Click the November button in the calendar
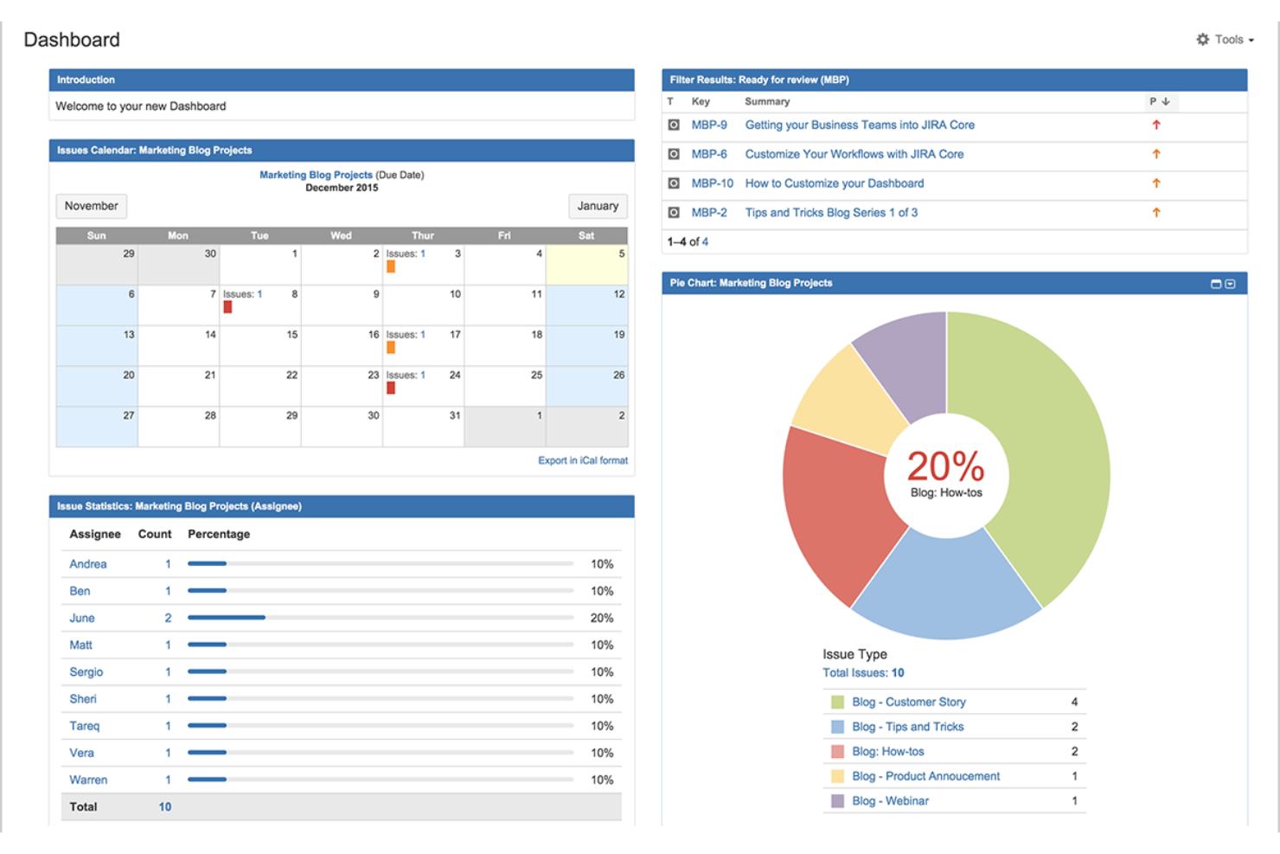(91, 206)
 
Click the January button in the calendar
(598, 206)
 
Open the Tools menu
(1226, 40)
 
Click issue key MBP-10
(712, 183)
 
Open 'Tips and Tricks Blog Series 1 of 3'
(830, 213)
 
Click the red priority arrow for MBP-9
(1156, 125)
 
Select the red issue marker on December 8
(227, 307)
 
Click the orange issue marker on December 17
(391, 347)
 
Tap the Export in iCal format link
(582, 460)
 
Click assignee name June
(82, 618)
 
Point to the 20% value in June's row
(602, 618)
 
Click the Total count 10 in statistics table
(164, 806)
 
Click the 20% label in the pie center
(945, 467)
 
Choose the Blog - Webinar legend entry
(890, 801)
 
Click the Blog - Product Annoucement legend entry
(925, 776)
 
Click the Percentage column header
(219, 534)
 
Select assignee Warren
(88, 780)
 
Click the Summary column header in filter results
(767, 101)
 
